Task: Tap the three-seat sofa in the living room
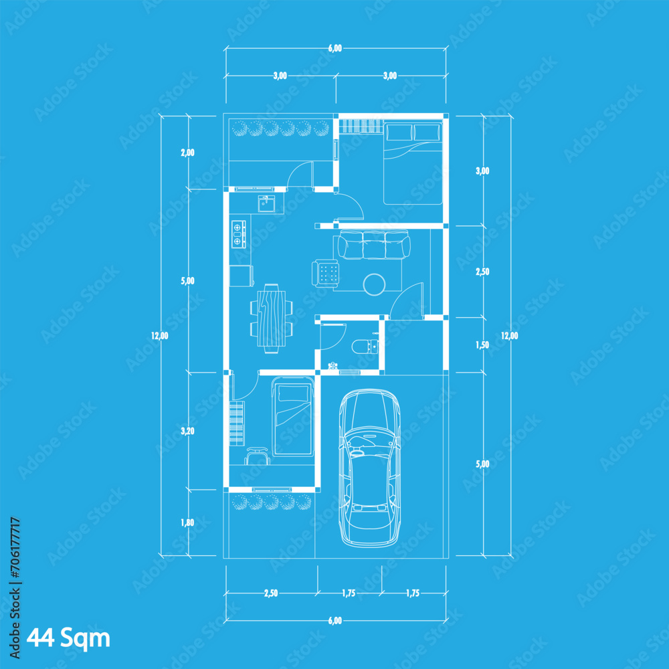(374, 245)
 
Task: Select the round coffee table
(374, 284)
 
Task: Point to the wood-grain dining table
(272, 317)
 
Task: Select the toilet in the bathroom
(364, 346)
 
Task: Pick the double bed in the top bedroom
(413, 163)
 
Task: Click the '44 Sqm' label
(68, 638)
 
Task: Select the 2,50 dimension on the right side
(482, 272)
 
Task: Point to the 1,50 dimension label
(482, 345)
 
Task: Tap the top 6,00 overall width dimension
(335, 48)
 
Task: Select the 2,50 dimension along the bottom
(271, 593)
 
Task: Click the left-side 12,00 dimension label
(160, 336)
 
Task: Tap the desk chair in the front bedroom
(258, 455)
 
